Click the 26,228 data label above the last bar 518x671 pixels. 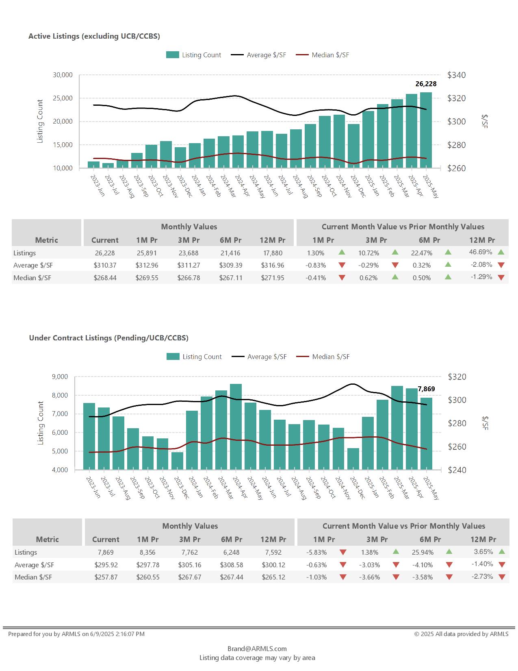(426, 84)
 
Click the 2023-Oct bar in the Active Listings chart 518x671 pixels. (151, 156)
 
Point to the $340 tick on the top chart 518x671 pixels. (456, 75)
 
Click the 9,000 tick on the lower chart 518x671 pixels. (60, 377)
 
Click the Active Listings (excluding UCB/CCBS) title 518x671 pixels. (94, 36)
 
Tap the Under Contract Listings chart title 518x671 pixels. (108, 338)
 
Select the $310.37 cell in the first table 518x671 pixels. (105, 265)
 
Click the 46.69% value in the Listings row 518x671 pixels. (481, 252)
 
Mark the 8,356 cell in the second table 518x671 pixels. (147, 552)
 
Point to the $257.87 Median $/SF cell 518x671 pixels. (106, 577)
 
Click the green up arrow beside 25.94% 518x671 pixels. (449, 552)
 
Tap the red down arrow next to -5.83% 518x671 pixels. (343, 552)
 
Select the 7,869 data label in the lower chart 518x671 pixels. (426, 389)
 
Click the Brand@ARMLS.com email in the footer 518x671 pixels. (257, 649)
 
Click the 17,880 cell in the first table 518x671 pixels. (273, 253)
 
